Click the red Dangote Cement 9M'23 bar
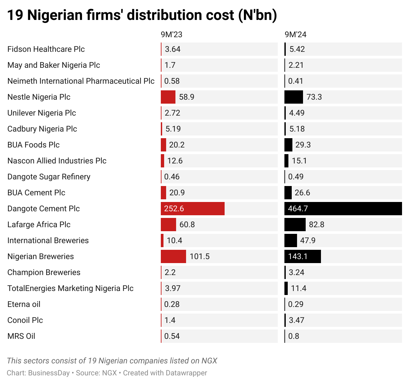(193, 209)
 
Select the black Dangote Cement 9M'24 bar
(343, 209)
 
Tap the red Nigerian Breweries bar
(173, 256)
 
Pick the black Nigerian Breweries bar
(303, 256)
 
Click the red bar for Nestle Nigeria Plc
(168, 97)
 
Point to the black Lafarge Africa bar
(295, 225)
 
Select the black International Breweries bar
(291, 240)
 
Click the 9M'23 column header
(171, 35)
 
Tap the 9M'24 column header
(295, 35)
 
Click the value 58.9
(187, 97)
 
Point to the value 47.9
(308, 240)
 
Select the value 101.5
(200, 256)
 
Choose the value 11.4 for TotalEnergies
(299, 288)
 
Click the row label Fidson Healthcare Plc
(46, 49)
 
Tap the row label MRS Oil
(21, 336)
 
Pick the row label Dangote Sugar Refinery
(49, 177)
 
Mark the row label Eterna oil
(24, 304)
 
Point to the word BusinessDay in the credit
(49, 373)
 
